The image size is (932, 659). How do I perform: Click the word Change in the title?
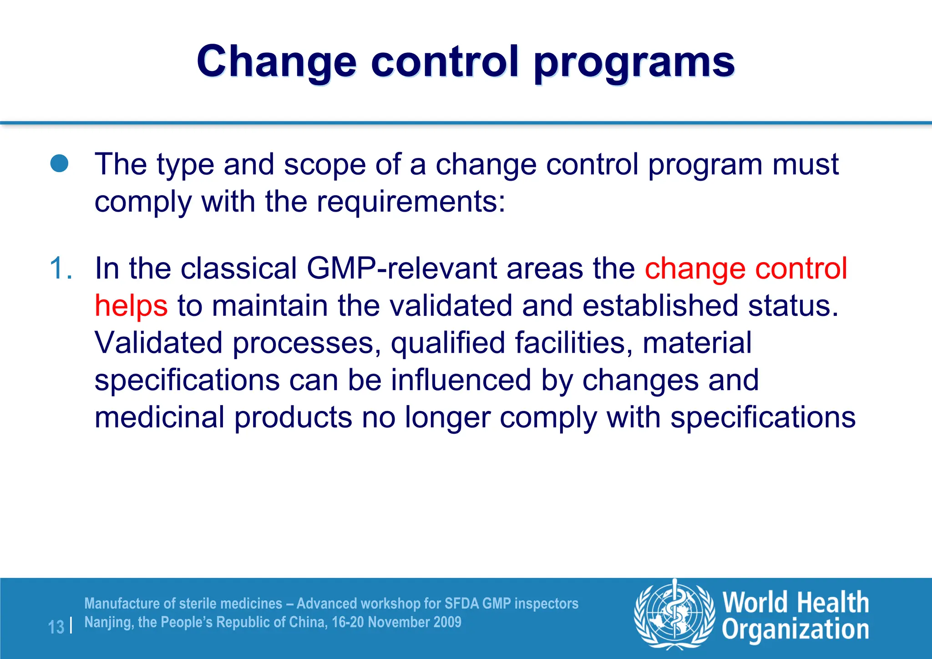point(276,62)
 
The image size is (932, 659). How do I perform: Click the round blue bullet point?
point(60,164)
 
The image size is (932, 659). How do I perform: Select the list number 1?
point(61,268)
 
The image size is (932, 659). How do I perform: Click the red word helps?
point(131,305)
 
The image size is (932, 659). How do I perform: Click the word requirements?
point(411,202)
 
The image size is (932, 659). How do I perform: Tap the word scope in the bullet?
point(325,164)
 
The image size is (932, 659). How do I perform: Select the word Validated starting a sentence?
point(158,343)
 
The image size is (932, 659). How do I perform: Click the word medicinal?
point(159,417)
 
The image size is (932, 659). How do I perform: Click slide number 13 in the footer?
point(56,627)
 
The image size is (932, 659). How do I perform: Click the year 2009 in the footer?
point(447,622)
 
